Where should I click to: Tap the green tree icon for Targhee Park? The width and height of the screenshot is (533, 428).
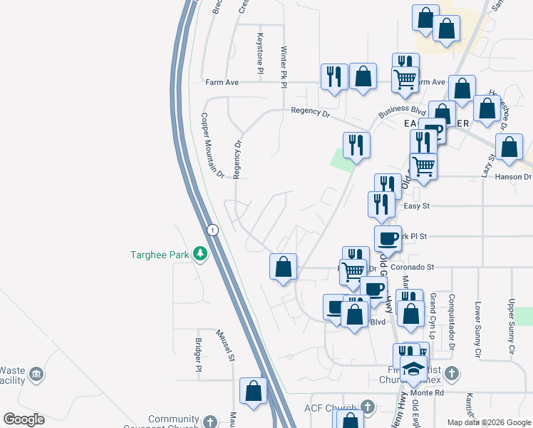point(202,254)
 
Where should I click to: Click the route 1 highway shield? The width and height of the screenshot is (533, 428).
point(212,230)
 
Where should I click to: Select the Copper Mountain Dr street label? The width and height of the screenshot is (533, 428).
point(212,146)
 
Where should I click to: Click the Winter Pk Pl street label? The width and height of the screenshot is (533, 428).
point(284,67)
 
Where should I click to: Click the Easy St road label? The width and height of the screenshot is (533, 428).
point(414,206)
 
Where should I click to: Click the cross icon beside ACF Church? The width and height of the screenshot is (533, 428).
point(368,407)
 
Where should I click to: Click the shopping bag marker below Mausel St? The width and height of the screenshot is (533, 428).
point(253,391)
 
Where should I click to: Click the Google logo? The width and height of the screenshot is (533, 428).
point(24,419)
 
